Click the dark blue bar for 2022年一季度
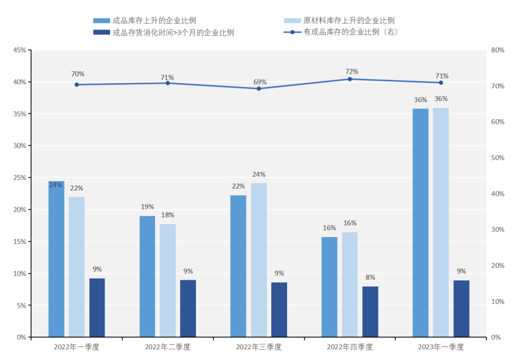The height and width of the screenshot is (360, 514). click(x=97, y=308)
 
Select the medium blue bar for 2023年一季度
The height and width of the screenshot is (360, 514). click(x=420, y=223)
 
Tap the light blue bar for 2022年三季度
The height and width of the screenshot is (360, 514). click(x=259, y=260)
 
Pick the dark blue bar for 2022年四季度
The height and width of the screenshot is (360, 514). click(x=370, y=312)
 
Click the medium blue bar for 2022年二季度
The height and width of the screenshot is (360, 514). click(x=147, y=276)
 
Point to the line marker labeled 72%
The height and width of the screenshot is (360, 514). click(x=349, y=79)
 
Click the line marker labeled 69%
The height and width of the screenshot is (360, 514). click(x=259, y=88)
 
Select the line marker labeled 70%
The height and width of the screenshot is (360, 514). click(x=77, y=85)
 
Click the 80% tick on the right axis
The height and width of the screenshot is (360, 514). click(x=498, y=51)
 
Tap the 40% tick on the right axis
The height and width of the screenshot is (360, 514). click(x=498, y=194)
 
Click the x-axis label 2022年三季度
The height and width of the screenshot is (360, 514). click(x=259, y=347)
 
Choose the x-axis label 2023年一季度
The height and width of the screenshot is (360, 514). click(x=441, y=347)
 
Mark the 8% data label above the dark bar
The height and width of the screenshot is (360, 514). click(x=370, y=277)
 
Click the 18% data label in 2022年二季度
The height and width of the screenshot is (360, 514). click(x=167, y=215)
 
